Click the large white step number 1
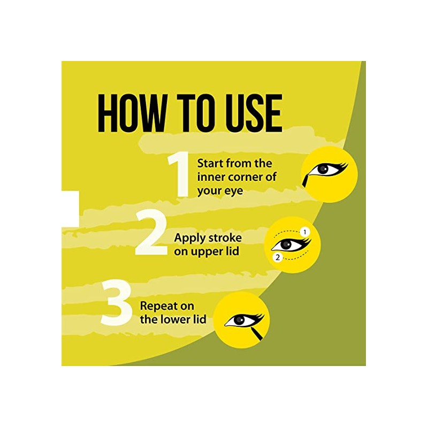tap(179, 174)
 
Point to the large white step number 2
tap(151, 232)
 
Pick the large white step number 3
tap(116, 303)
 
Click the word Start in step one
tap(210, 164)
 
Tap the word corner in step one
tap(242, 177)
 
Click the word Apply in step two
tap(187, 238)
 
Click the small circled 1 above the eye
tap(305, 232)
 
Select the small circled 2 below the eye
tap(278, 257)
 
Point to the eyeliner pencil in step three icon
tap(257, 334)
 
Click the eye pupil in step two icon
tap(286, 244)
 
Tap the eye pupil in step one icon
tap(324, 169)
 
